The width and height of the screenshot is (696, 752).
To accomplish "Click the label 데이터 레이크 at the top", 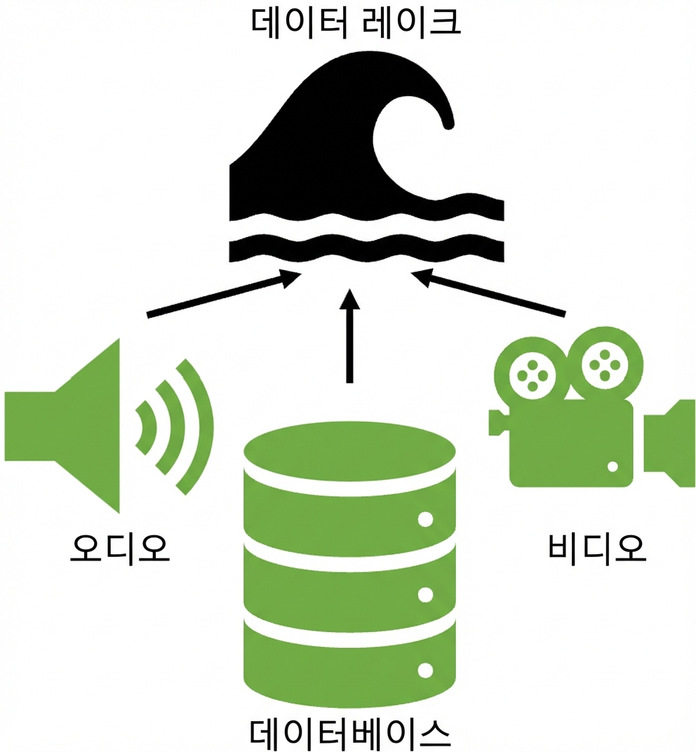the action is [356, 23].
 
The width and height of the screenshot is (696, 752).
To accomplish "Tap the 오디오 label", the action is [120, 548].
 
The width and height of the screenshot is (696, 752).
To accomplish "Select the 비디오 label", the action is [596, 547].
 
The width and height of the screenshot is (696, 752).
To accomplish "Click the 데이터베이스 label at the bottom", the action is [350, 733].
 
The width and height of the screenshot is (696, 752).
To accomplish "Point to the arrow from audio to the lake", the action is [224, 294].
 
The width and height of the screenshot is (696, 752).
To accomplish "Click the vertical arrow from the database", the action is [349, 335].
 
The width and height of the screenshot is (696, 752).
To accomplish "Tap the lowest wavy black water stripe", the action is [366, 250].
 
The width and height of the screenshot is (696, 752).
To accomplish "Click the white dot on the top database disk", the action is [425, 519].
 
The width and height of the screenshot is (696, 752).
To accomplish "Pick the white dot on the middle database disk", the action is [425, 595].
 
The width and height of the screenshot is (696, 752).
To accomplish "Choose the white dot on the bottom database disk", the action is [425, 670].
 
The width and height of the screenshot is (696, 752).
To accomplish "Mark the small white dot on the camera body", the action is [613, 466].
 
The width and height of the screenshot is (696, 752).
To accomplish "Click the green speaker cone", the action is [62, 427].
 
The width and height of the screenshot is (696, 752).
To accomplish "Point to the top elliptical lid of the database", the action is [349, 451].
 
